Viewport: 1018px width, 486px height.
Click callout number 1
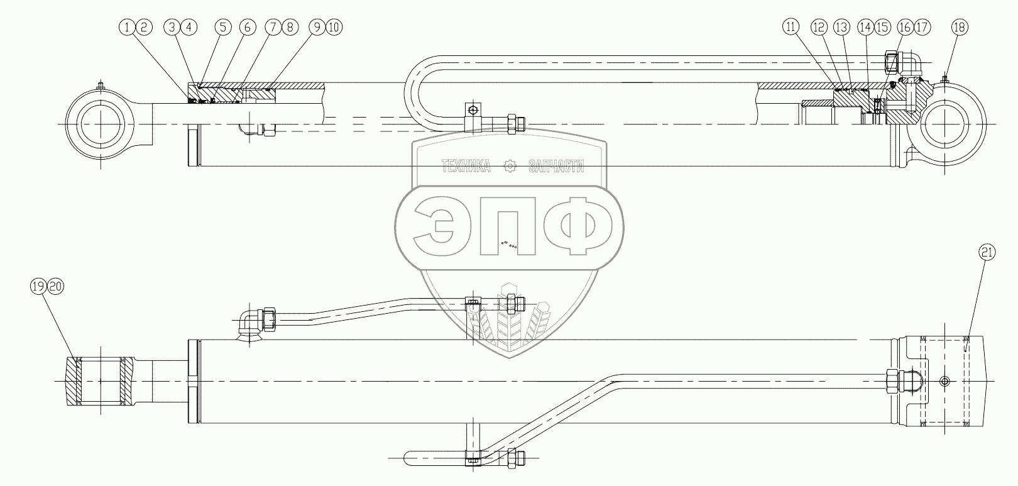click(129, 27)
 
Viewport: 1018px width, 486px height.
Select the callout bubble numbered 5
click(222, 27)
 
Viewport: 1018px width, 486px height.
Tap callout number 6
click(248, 27)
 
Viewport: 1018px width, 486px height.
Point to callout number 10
click(334, 27)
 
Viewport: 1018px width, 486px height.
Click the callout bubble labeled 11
click(791, 27)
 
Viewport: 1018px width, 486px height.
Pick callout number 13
click(841, 27)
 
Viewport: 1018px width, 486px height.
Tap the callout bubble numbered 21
click(986, 253)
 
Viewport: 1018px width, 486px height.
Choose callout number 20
click(55, 287)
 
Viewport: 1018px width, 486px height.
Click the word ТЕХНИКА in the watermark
click(466, 167)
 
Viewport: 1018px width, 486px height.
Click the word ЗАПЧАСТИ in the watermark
click(557, 167)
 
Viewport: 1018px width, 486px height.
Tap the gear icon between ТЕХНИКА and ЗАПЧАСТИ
click(510, 167)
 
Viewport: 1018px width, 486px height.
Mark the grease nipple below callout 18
click(946, 79)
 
